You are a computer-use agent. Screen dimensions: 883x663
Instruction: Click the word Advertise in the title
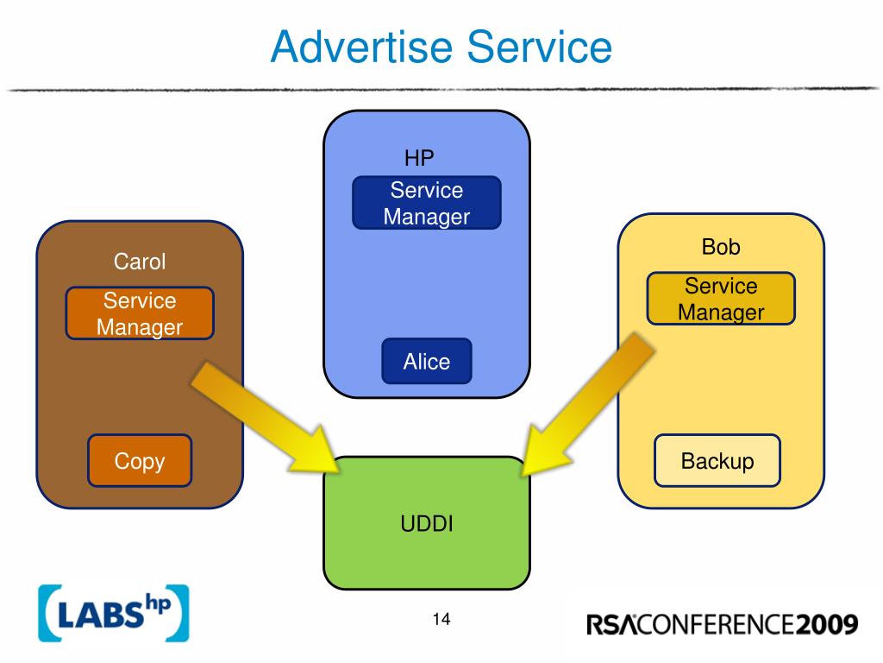pos(361,47)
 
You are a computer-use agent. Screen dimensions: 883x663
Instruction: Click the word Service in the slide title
pos(540,47)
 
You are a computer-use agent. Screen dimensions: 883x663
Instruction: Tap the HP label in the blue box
pos(419,158)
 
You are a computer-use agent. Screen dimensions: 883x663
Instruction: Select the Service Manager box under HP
pos(427,203)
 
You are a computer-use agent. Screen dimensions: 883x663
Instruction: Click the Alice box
pos(427,362)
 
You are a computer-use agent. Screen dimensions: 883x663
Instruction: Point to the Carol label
pos(140,262)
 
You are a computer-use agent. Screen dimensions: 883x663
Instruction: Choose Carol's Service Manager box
pos(140,313)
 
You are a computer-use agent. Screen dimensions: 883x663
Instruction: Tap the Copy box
pos(140,461)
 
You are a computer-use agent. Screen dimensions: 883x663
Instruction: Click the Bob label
pos(721,247)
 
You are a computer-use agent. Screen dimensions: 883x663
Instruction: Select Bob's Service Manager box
pos(721,299)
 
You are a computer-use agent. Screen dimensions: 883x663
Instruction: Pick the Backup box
pos(717,461)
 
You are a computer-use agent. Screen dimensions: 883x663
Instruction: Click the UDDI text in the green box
pos(427,524)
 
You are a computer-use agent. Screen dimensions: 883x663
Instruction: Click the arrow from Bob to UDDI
pos(587,404)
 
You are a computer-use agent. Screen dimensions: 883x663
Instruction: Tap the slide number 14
pos(441,619)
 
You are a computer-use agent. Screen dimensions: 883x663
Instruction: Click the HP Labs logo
pos(114,614)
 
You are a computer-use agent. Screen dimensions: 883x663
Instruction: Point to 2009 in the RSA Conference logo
pos(827,625)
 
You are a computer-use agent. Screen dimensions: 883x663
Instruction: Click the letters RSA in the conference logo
pos(612,625)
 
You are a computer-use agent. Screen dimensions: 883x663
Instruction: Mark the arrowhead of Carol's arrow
pos(316,451)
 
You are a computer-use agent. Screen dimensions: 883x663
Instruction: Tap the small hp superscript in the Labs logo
pos(159,603)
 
